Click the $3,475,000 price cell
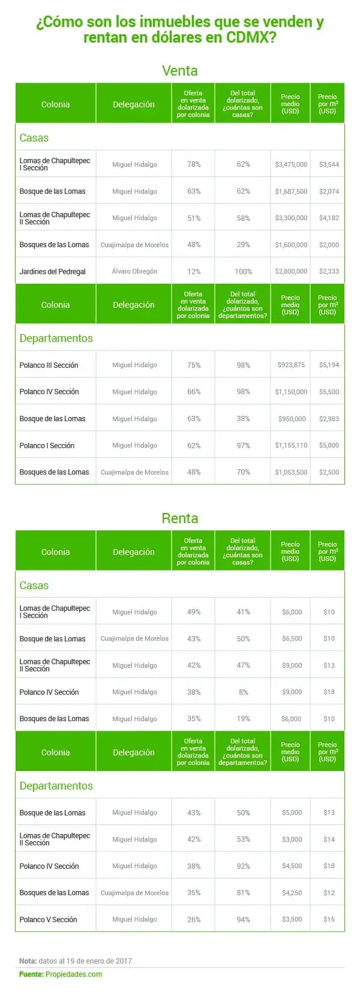point(291,164)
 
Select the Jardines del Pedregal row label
point(52,272)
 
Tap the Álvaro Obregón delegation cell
point(134,271)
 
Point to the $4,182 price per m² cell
point(329,218)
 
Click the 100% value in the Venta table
point(243,272)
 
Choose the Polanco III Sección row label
point(49,365)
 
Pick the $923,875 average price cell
point(291,365)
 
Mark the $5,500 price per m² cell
point(329,392)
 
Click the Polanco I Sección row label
point(47,445)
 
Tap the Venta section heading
point(179,71)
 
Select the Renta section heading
point(179,518)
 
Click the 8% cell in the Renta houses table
point(243,692)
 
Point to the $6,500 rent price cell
point(292,638)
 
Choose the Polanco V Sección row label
point(48,919)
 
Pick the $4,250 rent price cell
point(292,893)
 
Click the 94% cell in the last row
point(243,919)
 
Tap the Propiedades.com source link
point(74,974)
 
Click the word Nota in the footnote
point(28,961)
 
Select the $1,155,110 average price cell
point(291,445)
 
